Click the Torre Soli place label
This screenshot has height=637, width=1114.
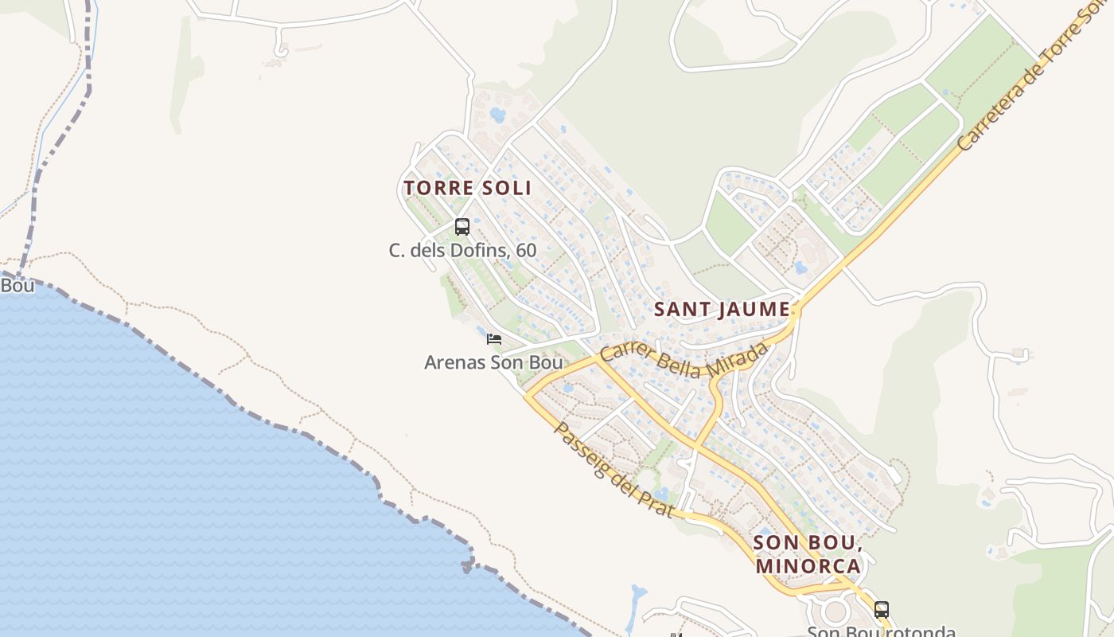[467, 188]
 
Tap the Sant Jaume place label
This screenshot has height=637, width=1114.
[723, 309]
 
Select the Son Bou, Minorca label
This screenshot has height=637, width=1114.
[808, 554]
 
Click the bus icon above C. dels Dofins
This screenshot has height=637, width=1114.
[462, 227]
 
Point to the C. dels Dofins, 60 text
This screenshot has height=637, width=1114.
[462, 250]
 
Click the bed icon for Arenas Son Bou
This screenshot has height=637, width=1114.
[494, 339]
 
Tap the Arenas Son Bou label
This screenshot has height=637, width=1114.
[493, 363]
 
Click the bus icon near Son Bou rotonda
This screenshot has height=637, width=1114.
[882, 610]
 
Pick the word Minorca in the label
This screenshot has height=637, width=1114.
[808, 566]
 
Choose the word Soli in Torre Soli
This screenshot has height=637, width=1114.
[504, 188]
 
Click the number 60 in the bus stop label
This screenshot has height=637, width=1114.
[526, 250]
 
